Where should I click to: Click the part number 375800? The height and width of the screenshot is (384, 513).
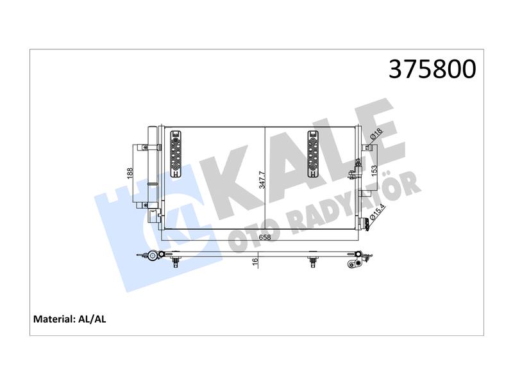click(x=432, y=69)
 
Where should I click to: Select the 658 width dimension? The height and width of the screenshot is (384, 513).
click(x=265, y=237)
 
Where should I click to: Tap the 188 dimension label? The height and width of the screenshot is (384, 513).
click(x=130, y=174)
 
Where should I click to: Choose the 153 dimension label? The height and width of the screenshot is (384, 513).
click(x=374, y=171)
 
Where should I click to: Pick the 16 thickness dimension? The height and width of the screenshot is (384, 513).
click(x=255, y=260)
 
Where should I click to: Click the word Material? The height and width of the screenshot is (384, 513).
click(x=54, y=319)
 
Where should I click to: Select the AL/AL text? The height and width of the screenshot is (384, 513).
click(x=92, y=319)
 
